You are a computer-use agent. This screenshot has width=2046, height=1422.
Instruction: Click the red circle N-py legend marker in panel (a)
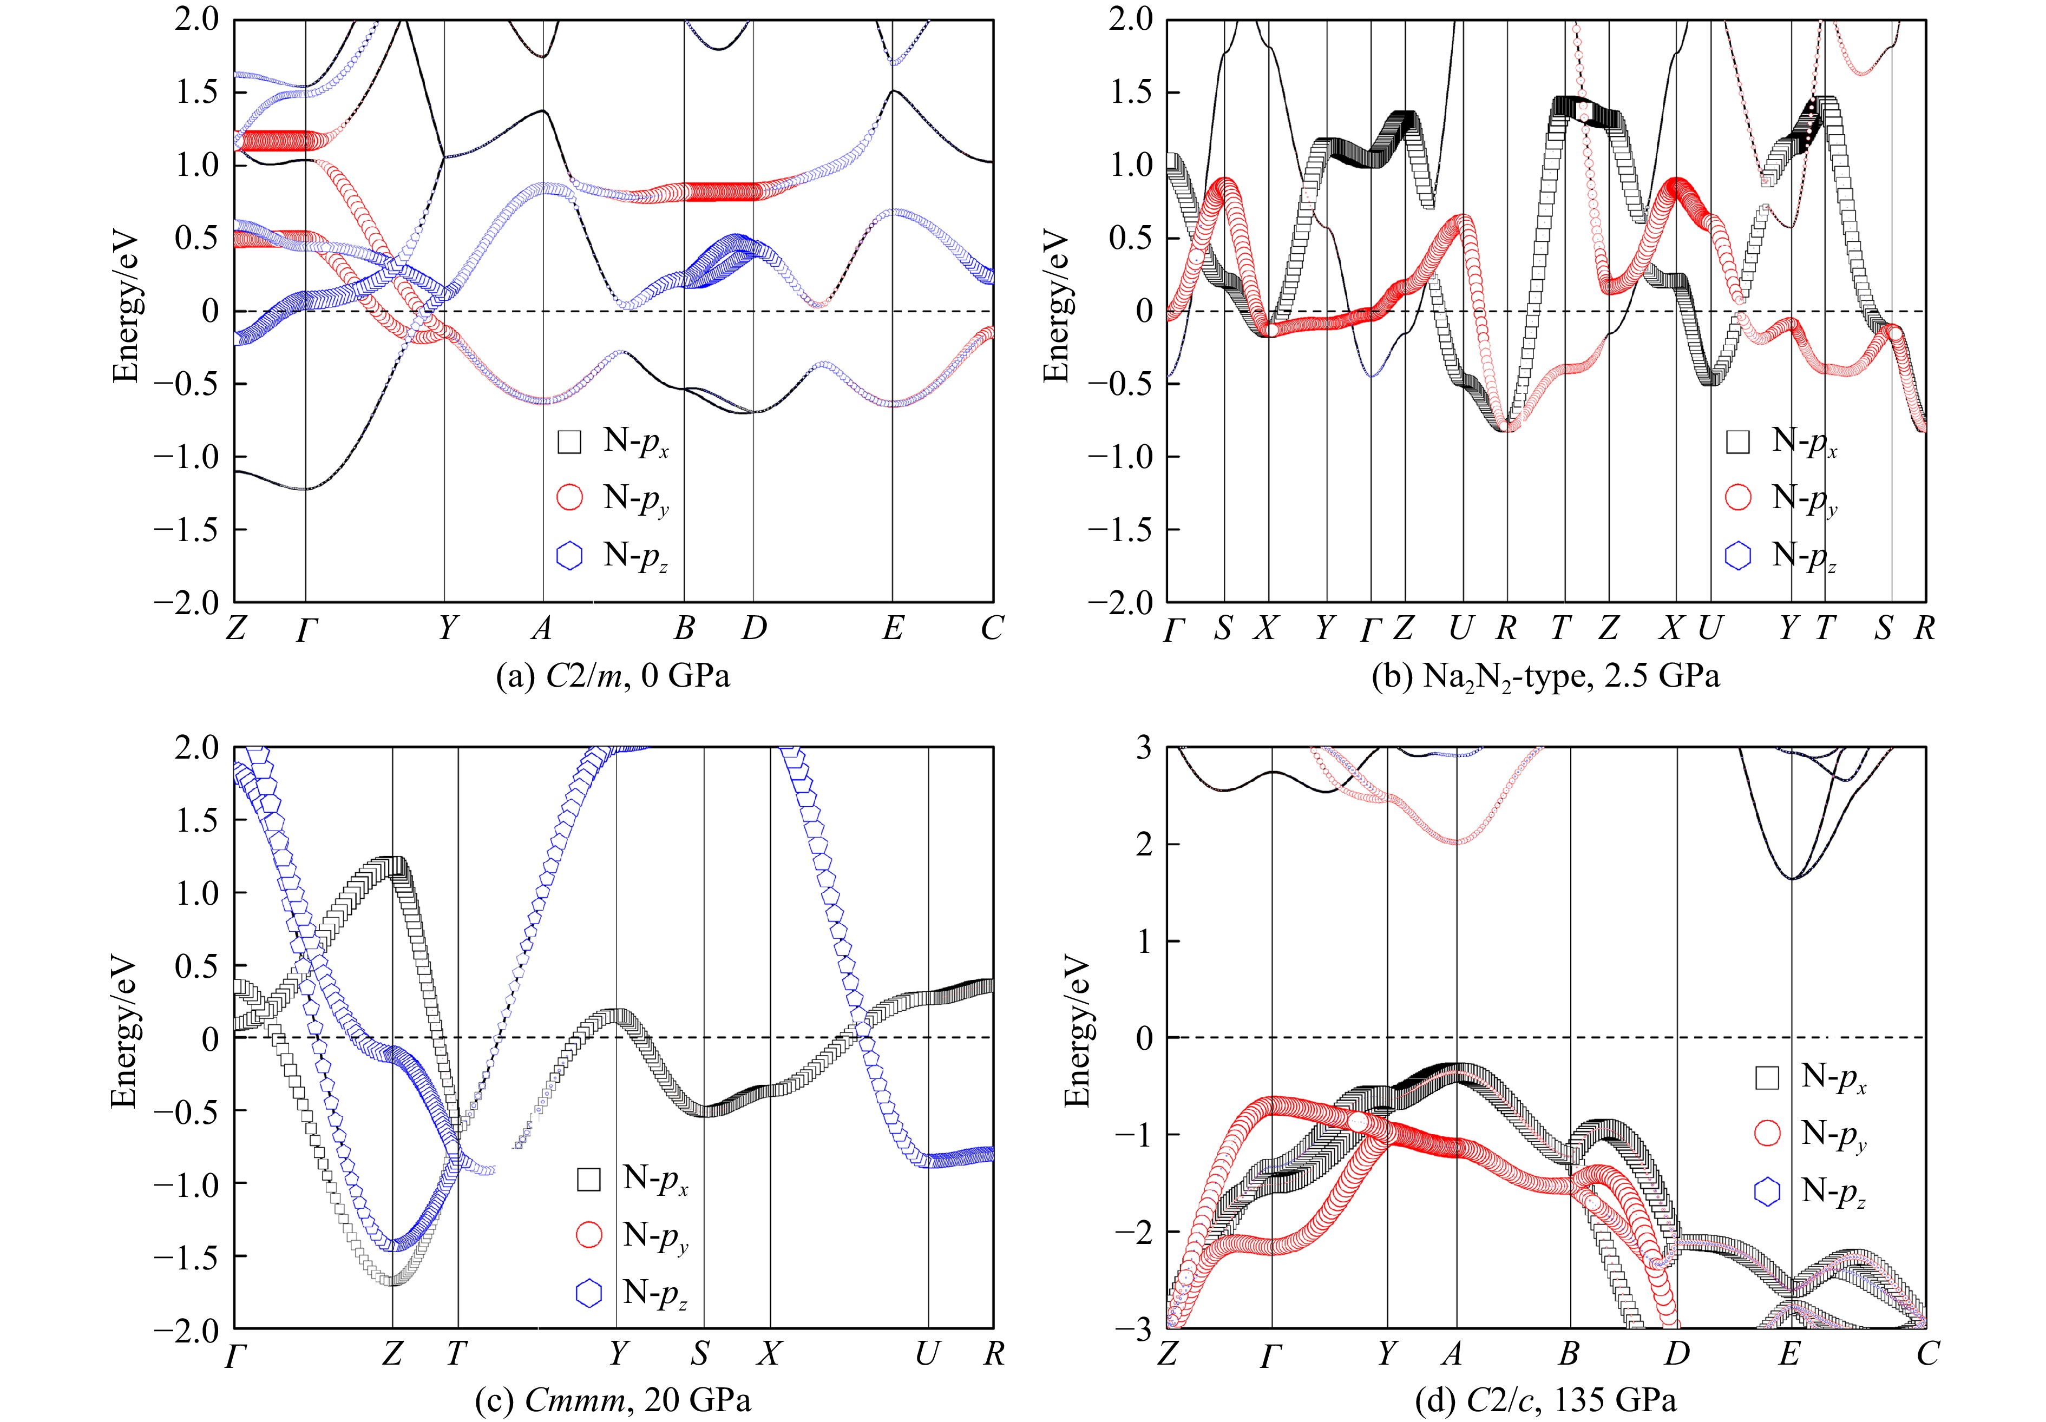(569, 498)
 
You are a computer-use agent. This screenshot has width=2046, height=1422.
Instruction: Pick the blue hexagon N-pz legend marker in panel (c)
(589, 1293)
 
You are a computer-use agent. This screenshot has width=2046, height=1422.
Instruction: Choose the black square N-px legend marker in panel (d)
(1767, 1077)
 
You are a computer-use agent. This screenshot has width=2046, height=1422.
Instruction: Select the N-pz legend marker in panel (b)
(1737, 555)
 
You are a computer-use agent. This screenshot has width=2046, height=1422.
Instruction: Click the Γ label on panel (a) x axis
(306, 630)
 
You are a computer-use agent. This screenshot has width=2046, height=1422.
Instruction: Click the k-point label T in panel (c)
(456, 1353)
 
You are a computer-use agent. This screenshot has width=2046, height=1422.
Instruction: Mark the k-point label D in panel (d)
(1677, 1353)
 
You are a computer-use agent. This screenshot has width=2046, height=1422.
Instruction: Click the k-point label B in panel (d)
(1569, 1353)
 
